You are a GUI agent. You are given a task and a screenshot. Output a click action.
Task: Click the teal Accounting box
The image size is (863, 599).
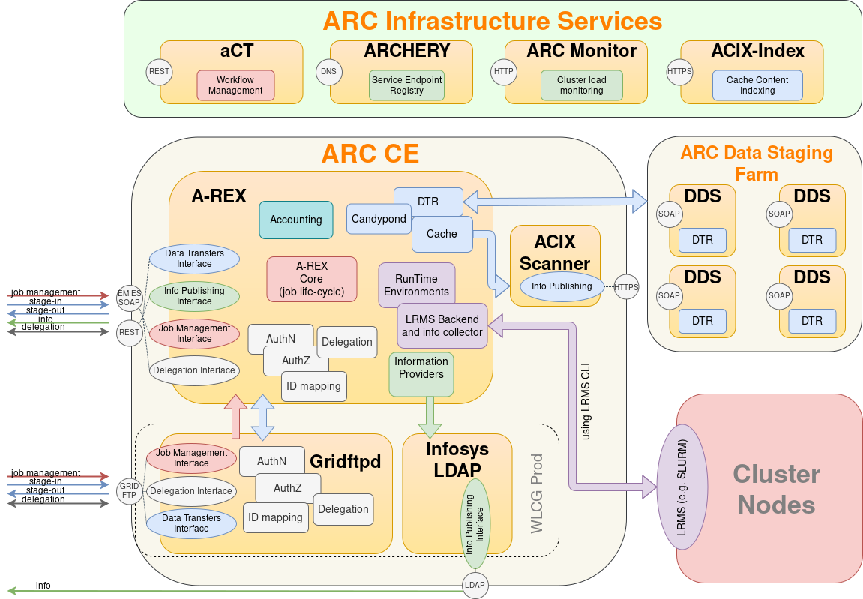(295, 220)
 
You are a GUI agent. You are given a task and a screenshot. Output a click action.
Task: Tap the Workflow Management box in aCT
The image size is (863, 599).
(235, 85)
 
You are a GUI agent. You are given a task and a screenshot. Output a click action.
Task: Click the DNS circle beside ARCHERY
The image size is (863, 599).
(328, 72)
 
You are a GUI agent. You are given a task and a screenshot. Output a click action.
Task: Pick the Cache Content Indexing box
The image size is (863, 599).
(757, 85)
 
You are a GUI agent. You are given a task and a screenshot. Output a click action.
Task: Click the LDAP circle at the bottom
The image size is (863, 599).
(475, 585)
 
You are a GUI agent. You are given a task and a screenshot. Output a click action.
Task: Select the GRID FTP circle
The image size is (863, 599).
(130, 491)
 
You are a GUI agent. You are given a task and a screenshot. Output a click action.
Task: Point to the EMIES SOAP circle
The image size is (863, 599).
(130, 298)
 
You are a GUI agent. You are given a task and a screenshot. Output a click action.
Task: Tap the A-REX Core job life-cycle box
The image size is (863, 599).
(311, 279)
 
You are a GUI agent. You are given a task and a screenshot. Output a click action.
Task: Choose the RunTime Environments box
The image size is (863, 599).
(416, 285)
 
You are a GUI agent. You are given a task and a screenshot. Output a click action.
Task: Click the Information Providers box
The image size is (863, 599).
(421, 373)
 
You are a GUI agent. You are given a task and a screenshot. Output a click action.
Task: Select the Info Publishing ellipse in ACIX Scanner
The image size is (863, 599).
(562, 286)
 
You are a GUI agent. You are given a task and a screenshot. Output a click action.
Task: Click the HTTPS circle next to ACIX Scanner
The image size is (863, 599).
(627, 286)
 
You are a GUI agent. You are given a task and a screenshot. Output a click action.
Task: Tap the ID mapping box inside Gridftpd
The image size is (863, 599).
(276, 517)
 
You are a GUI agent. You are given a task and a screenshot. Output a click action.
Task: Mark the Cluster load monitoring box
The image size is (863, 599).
(581, 85)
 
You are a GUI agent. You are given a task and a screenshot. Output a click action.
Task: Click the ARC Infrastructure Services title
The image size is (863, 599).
(493, 20)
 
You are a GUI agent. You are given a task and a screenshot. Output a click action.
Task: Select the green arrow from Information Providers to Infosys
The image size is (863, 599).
(430, 417)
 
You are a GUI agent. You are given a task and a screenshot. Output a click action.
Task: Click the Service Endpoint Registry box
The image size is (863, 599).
(406, 85)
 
